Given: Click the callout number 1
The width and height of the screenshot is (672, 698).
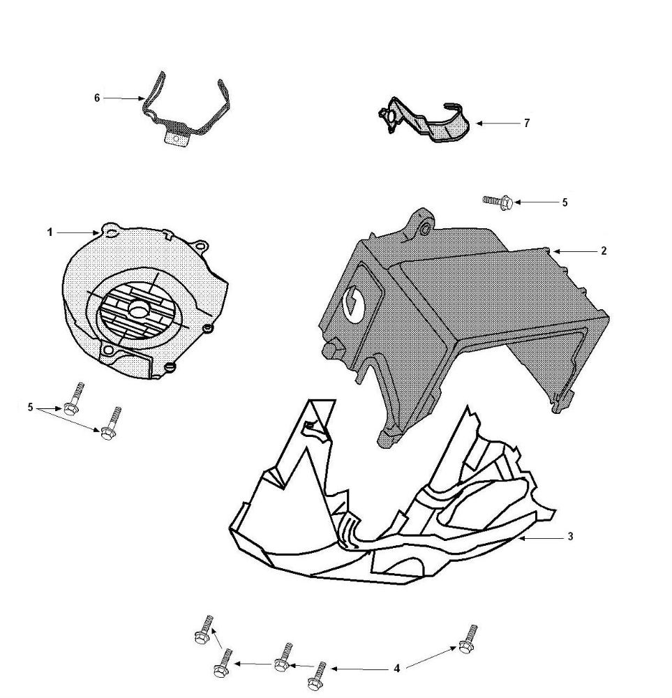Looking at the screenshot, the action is point(50,232).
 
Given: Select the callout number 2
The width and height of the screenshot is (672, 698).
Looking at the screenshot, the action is point(604,251).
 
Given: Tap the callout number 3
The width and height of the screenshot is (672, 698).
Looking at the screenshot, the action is point(571,537).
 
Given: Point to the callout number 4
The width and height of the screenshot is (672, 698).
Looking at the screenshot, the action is point(396,668).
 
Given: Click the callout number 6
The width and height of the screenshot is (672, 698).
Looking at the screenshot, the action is point(97,98).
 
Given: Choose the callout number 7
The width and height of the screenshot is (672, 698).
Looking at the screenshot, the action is point(527,124).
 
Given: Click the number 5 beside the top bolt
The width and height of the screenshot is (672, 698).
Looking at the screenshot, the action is point(565,202).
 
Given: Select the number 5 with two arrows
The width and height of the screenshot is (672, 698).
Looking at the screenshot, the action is point(30,408).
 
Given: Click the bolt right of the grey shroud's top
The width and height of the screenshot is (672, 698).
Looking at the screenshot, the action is point(498,202).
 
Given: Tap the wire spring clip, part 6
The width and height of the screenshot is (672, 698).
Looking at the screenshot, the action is point(185,109).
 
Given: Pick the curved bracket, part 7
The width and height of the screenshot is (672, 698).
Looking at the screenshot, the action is point(424,120).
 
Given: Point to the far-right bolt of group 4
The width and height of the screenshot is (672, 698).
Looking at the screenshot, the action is point(468,639).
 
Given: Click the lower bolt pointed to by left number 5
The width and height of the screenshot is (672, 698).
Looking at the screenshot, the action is point(111,424).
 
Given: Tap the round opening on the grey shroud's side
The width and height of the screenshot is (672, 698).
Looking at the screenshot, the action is point(354,304).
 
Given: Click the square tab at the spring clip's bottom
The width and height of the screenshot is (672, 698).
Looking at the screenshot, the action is point(177,138).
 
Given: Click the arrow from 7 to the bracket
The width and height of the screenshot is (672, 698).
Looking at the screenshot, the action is point(496,124).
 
